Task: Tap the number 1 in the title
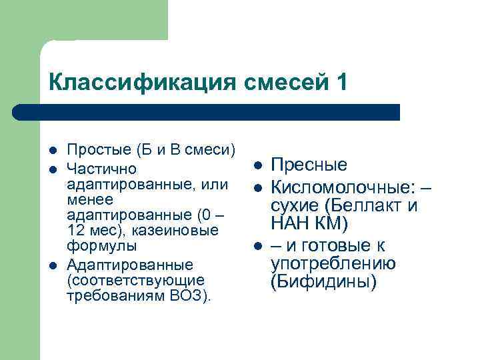[x=341, y=83]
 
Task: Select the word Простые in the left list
[x=98, y=153]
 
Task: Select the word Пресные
[x=309, y=165]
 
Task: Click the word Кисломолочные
[x=343, y=185]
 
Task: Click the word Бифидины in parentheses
[x=323, y=283]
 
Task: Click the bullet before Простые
[x=53, y=153]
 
